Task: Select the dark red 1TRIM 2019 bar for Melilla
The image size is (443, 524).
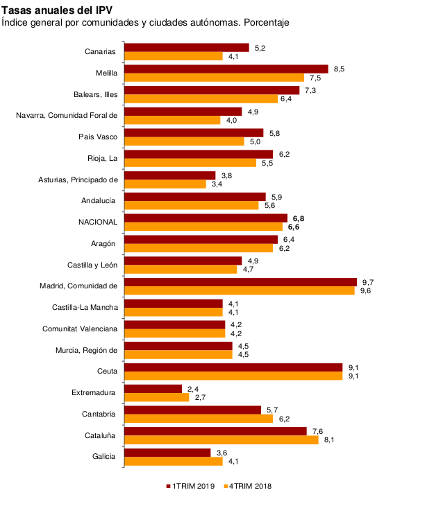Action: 226,69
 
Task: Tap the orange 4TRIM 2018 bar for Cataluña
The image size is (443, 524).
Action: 221,439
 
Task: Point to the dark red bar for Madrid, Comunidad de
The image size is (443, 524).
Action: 240,282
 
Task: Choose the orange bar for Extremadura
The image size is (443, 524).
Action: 157,397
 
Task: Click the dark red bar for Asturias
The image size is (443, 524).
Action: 170,175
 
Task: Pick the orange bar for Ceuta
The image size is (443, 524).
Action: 233,376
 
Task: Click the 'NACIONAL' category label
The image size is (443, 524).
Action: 98,222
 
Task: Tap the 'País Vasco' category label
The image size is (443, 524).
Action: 98,137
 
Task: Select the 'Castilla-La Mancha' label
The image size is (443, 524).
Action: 85,307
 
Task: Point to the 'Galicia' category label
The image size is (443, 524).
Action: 104,457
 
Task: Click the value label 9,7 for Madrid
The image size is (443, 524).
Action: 368,282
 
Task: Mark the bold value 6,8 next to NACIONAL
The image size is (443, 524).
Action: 299,218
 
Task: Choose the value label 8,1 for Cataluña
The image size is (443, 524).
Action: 330,439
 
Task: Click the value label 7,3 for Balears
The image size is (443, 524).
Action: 311,90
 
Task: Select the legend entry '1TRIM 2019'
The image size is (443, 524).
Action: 194,486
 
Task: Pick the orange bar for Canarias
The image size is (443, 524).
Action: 174,55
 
